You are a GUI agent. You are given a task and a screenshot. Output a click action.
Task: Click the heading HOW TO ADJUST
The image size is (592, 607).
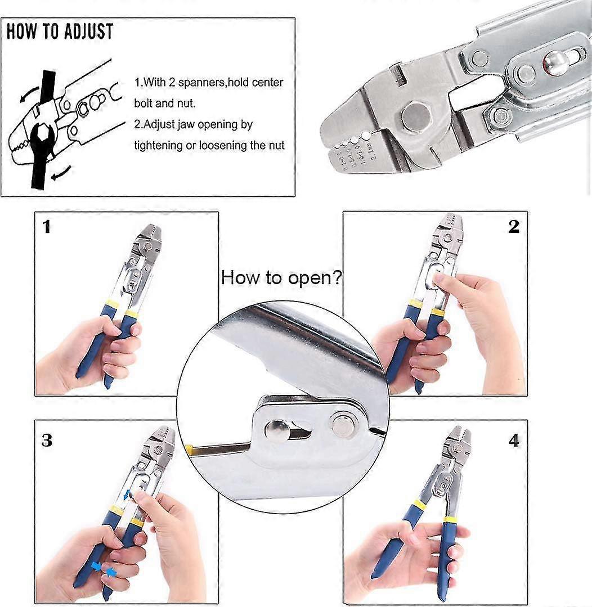(x=60, y=31)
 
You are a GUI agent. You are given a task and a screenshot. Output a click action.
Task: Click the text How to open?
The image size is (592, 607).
(x=281, y=277)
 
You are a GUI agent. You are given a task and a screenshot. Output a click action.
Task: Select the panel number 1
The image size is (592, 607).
(x=47, y=227)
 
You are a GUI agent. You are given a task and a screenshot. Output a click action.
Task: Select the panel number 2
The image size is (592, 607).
(x=513, y=227)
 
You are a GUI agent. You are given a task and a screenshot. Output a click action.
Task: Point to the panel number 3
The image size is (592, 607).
(x=47, y=439)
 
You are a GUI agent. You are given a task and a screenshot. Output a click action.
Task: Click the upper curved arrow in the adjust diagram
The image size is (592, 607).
(x=25, y=95)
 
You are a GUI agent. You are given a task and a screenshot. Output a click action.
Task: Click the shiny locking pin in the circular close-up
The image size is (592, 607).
(x=277, y=430)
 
